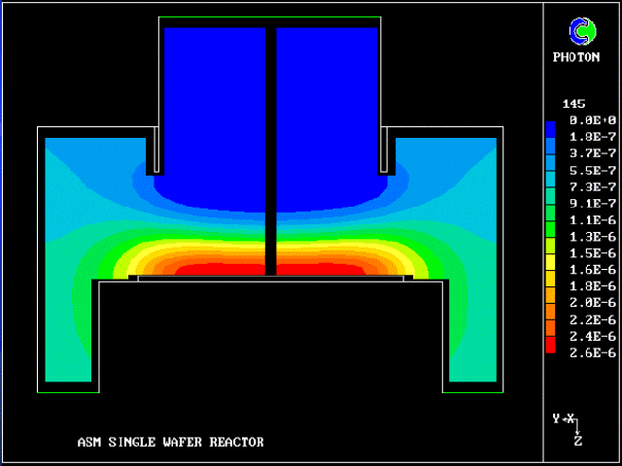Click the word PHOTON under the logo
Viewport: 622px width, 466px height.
point(576,57)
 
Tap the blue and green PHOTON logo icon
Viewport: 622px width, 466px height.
point(582,31)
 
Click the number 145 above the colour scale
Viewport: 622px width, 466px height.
point(573,104)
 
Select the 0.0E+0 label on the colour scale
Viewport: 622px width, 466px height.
point(593,120)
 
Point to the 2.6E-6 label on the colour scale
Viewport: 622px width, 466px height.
point(593,352)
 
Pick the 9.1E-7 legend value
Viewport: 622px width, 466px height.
point(593,203)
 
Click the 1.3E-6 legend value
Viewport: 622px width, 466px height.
point(593,237)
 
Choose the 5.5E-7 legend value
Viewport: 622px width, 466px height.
point(593,170)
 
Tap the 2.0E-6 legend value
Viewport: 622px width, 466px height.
point(593,303)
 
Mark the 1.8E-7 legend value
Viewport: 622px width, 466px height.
point(593,137)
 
